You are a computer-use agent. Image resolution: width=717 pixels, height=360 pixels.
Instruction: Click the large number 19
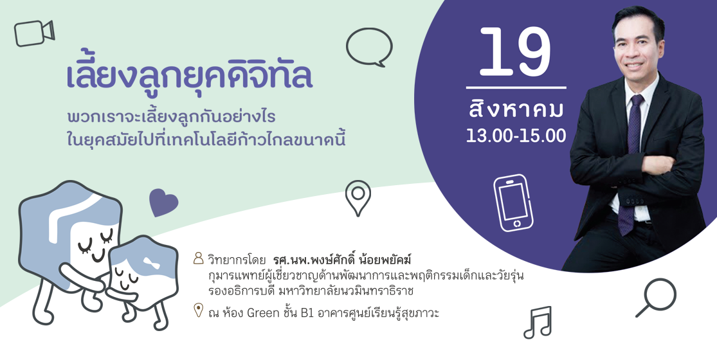click(x=515, y=51)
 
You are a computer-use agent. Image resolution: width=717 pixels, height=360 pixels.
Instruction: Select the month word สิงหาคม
click(x=516, y=109)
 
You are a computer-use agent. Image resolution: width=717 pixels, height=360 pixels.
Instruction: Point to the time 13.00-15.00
click(x=516, y=136)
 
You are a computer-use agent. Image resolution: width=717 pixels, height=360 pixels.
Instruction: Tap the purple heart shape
click(x=163, y=203)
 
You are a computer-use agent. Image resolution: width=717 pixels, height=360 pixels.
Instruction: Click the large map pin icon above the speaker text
click(x=358, y=198)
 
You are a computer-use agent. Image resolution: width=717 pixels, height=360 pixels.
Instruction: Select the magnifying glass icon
click(x=656, y=298)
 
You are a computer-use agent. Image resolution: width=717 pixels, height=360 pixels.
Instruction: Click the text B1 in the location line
click(x=307, y=314)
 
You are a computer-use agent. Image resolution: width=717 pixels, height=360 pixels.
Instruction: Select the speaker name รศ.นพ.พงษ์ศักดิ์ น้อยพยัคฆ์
click(x=343, y=260)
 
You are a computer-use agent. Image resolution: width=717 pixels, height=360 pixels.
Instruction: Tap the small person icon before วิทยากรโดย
click(x=198, y=258)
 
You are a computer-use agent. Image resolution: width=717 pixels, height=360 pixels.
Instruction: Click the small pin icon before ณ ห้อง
click(x=198, y=310)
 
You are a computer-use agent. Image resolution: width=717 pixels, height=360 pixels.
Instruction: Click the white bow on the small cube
click(x=150, y=263)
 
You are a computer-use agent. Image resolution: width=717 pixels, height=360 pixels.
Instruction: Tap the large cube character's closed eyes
click(x=96, y=242)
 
